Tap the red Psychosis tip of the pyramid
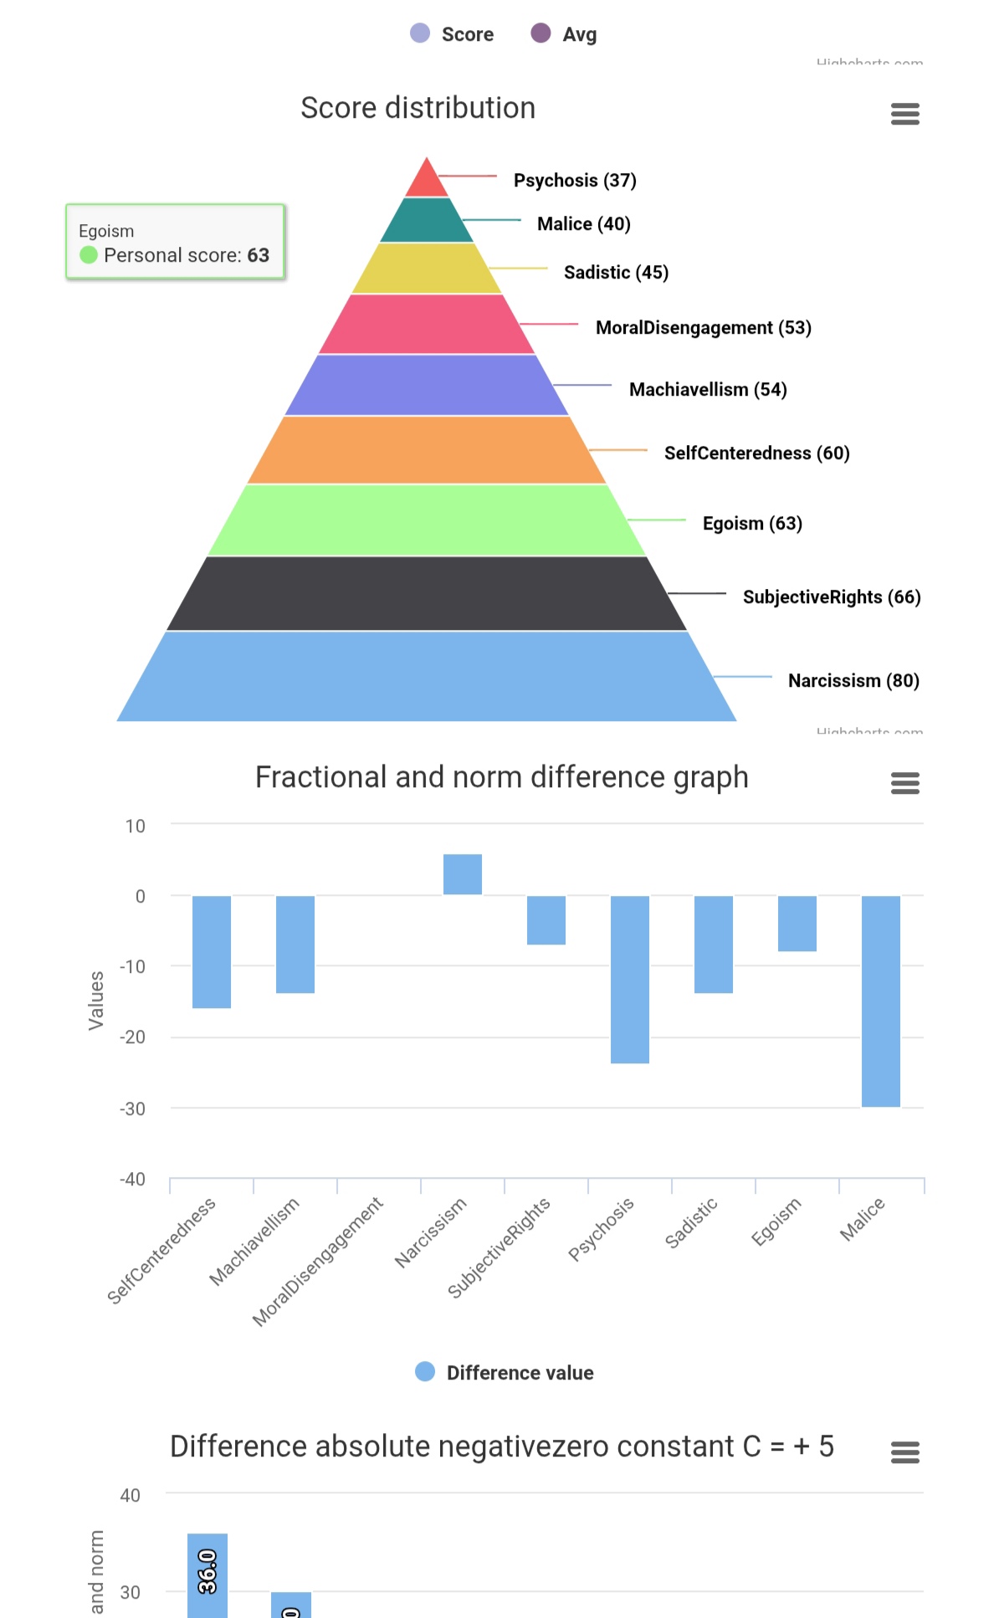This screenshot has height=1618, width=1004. (x=427, y=181)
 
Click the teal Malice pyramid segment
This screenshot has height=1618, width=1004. (x=427, y=221)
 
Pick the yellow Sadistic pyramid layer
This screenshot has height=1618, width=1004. (x=427, y=269)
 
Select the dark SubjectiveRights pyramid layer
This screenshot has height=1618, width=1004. (x=427, y=594)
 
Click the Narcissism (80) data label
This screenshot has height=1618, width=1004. (x=853, y=681)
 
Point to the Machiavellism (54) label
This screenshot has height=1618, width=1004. (x=708, y=390)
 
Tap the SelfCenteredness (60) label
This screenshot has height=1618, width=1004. (x=756, y=453)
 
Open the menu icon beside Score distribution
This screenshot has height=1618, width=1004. (x=905, y=114)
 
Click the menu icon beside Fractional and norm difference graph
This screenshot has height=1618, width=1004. (x=905, y=783)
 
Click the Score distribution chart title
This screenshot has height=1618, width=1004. (x=417, y=108)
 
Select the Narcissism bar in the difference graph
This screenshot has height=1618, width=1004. (x=463, y=874)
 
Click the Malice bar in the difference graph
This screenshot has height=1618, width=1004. (x=881, y=1001)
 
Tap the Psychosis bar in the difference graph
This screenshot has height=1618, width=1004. (x=630, y=979)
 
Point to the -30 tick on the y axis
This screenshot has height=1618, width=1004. (x=132, y=1109)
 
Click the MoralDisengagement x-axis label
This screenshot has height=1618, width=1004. (x=319, y=1262)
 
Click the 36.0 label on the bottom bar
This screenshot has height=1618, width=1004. (x=207, y=1571)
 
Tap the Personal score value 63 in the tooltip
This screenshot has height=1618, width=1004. (x=258, y=255)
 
